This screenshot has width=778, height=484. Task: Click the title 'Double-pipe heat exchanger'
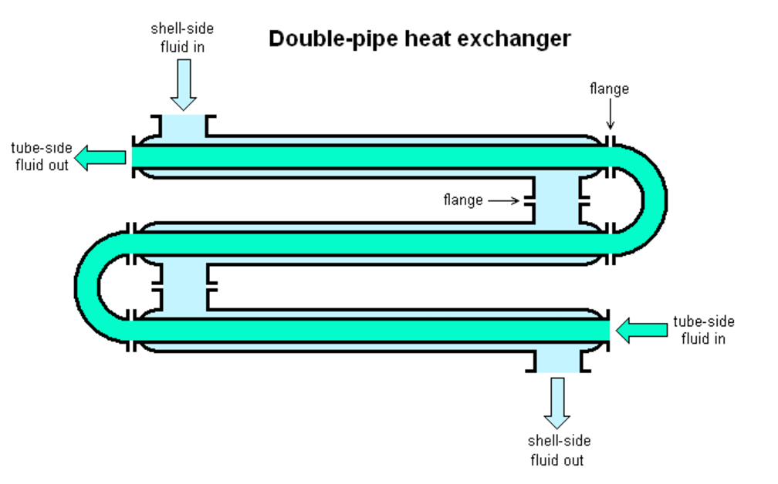(x=420, y=39)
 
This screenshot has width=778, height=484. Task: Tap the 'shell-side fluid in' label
(x=182, y=37)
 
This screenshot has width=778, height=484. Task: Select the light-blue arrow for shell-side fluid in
(x=183, y=85)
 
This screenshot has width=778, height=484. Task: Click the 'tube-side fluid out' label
(x=41, y=156)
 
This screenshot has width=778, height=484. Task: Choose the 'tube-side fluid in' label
(x=703, y=330)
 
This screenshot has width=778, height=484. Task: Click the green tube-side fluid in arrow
(x=641, y=331)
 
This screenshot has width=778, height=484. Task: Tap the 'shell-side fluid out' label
(x=559, y=450)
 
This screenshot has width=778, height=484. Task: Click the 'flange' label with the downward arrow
(x=609, y=89)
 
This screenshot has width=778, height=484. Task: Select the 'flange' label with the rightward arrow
(x=462, y=200)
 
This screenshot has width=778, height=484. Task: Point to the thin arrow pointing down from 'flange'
(x=610, y=116)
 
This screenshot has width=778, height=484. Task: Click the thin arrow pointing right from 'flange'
(x=506, y=200)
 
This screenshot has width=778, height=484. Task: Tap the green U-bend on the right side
(x=653, y=199)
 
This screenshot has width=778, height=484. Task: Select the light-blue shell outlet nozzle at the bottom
(x=558, y=359)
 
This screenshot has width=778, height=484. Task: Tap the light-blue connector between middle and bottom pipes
(x=183, y=285)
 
